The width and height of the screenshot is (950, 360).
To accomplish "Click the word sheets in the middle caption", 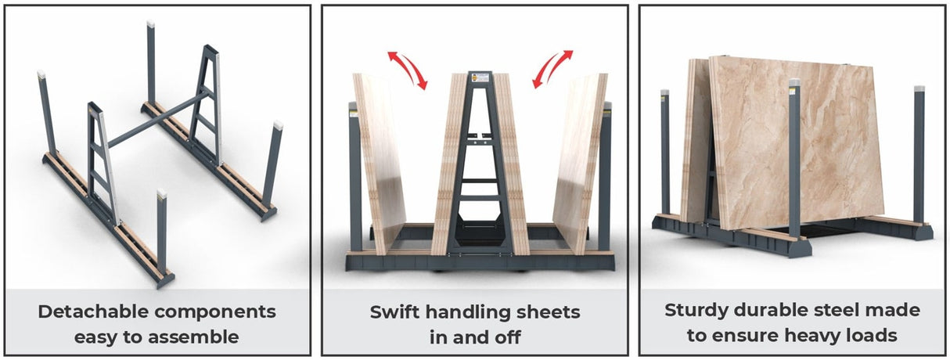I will pos(544,312).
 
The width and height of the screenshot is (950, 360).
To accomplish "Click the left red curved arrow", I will pos(408,69).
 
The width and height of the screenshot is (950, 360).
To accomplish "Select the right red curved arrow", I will pos(552,69).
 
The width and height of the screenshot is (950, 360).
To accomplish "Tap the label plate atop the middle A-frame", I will pos(478,78).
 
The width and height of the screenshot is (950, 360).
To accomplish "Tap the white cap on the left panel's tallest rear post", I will pos(150,26).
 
